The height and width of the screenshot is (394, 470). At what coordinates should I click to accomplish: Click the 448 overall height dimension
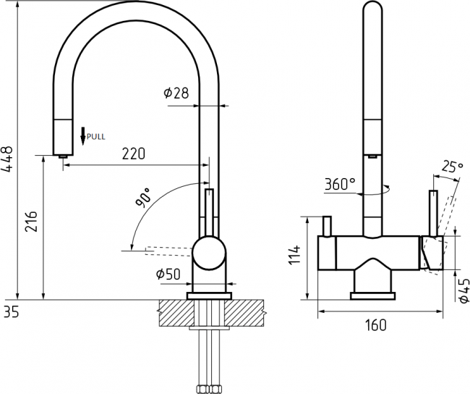(7, 159)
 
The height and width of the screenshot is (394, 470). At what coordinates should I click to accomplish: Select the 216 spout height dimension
(31, 221)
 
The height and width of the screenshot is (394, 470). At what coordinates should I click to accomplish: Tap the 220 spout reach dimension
(133, 154)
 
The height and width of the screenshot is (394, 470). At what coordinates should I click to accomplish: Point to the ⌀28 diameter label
(176, 93)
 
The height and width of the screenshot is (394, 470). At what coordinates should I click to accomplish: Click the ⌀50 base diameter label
(168, 274)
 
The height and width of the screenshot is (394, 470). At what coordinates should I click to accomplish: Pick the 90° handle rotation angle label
(143, 198)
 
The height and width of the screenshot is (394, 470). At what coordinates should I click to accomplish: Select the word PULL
(96, 137)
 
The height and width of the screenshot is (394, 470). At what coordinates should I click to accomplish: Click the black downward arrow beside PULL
(83, 136)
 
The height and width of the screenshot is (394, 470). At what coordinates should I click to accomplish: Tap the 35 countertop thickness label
(12, 312)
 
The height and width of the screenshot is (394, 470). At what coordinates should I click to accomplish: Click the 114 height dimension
(294, 254)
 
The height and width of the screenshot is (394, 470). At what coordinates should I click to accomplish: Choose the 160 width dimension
(376, 325)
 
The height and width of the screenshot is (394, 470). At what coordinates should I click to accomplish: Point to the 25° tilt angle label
(453, 167)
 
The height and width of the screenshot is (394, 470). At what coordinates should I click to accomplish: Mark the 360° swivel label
(341, 184)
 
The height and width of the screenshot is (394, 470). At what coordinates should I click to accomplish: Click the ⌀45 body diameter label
(463, 290)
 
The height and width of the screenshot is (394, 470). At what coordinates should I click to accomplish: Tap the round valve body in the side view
(209, 253)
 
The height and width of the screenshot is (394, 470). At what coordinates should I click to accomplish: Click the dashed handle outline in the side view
(168, 251)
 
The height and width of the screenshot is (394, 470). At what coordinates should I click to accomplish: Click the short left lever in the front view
(327, 226)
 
